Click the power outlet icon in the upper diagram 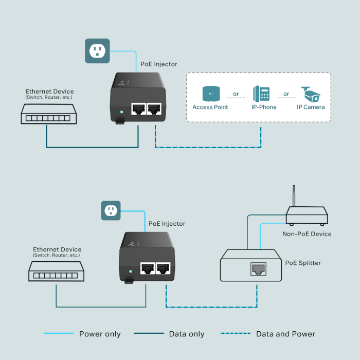point(97,50)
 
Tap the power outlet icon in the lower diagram point(111,210)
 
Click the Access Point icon point(210,94)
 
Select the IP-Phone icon point(261,94)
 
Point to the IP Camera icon point(311,94)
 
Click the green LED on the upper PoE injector point(121,111)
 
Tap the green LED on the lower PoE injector point(130,271)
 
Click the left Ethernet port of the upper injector point(138,109)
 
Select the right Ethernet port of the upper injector point(154,109)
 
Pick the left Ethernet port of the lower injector point(148,268)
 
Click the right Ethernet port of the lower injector point(163,268)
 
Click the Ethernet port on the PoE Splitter point(258,268)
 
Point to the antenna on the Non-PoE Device point(294,196)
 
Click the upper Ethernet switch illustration point(49,114)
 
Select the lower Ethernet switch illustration point(57,271)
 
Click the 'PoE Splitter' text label point(303,263)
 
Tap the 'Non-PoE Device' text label point(307,234)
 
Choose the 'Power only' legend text point(100,334)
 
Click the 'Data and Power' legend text point(285,334)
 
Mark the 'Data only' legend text point(187,334)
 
